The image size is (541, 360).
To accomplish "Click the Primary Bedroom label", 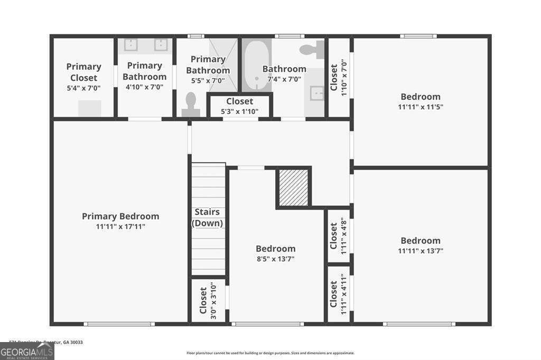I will click(120, 216).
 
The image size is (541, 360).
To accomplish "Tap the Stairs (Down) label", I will click(207, 217).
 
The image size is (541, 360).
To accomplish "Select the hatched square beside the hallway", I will click(293, 187).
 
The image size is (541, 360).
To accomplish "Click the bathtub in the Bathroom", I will click(257, 65).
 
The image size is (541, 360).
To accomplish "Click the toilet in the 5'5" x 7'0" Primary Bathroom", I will click(191, 103).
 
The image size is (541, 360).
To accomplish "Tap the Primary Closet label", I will click(83, 72).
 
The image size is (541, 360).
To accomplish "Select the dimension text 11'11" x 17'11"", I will click(120, 227).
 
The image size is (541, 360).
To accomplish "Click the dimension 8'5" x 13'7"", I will click(276, 259).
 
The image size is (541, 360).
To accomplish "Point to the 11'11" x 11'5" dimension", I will click(421, 107).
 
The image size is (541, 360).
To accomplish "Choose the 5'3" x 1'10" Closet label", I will click(240, 101).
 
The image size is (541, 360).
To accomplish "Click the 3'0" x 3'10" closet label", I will click(203, 300).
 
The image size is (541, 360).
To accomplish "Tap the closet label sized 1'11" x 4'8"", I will click(333, 235).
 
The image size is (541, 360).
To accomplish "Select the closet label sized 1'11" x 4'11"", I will click(333, 293).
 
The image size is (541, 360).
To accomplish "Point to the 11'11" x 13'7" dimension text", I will click(421, 251).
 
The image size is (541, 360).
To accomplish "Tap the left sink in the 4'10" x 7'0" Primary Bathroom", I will click(130, 45).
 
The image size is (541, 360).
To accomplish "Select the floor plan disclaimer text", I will click(270, 353).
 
